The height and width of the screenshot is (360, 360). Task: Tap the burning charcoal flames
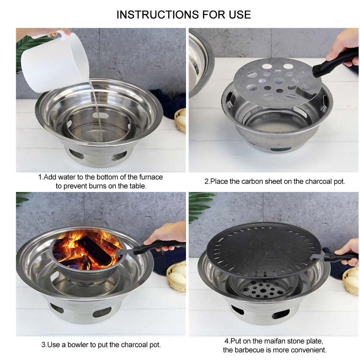click(x=88, y=248)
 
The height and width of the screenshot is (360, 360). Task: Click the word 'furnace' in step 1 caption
click(x=150, y=177)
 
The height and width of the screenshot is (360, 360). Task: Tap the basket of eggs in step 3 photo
click(x=177, y=276)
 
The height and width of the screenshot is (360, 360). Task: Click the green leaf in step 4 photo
click(x=200, y=204)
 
